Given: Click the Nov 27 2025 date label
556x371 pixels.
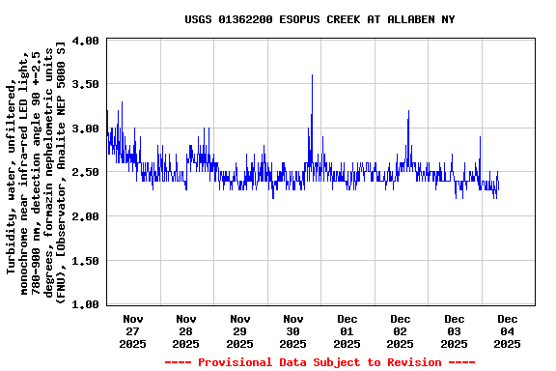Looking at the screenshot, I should (133, 330).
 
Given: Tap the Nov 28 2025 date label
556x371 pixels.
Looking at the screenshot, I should (186, 330).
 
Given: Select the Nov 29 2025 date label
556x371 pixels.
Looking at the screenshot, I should (240, 330).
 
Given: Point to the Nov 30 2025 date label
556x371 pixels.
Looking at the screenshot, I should (293, 330).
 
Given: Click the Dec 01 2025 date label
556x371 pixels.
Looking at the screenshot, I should (347, 330).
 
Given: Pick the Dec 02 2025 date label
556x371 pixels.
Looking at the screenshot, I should (401, 330).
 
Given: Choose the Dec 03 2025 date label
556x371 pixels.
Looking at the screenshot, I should (455, 330).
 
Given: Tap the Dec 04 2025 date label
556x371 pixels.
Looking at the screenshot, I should (508, 330).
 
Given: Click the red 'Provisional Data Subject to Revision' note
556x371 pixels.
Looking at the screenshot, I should (320, 362).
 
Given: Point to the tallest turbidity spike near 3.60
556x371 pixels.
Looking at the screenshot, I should (312, 76).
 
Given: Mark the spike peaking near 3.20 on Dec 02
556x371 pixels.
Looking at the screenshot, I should (408, 112).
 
